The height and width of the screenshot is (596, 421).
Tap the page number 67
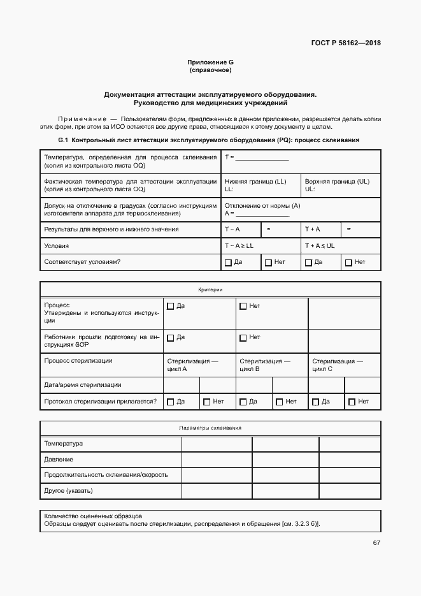tap(376, 543)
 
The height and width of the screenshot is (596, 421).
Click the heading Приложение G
tap(210, 62)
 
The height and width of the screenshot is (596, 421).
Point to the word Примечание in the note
tap(82, 119)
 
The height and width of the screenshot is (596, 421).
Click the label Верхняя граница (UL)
tap(337, 182)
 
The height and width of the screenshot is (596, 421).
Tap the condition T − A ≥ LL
tap(239, 245)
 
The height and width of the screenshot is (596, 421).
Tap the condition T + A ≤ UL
tap(320, 245)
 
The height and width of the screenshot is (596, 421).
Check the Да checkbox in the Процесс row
tap(170, 307)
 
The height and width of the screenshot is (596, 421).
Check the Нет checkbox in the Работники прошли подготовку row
tap(243, 338)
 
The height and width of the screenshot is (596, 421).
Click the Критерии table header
tap(210, 289)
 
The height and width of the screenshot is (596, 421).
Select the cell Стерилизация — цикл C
tap(337, 365)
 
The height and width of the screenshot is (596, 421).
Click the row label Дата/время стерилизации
tap(83, 385)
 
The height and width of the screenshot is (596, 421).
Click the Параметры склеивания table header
tap(210, 428)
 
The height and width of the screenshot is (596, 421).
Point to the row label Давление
tap(59, 460)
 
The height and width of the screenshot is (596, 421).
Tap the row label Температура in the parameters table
tap(64, 444)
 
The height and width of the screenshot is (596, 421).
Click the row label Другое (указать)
tap(69, 491)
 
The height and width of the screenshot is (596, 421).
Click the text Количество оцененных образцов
tap(93, 516)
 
